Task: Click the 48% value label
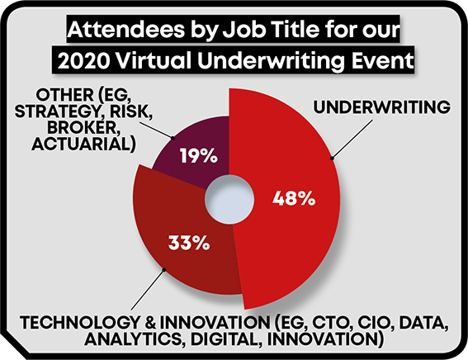(294, 198)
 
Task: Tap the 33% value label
(189, 243)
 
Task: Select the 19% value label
(198, 155)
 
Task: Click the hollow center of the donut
(229, 199)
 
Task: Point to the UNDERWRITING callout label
(381, 107)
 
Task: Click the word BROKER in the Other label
(82, 128)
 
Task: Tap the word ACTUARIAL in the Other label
(81, 144)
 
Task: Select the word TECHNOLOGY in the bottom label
(80, 323)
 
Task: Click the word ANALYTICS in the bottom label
(133, 339)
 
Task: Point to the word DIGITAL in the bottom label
(224, 339)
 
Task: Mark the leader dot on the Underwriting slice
(332, 159)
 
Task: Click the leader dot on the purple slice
(173, 138)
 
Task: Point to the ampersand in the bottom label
(150, 323)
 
